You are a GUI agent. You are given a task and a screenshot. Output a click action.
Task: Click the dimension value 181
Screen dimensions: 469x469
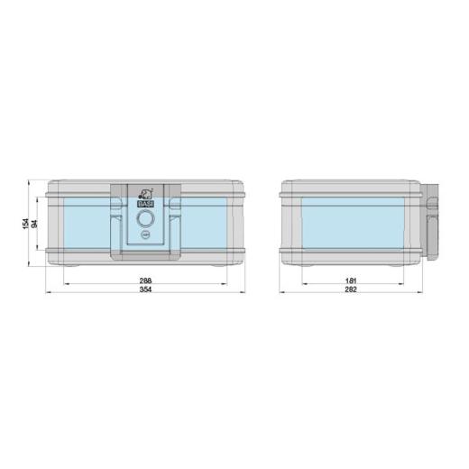click(x=352, y=281)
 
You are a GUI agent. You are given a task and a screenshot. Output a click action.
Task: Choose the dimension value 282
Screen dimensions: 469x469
click(x=352, y=290)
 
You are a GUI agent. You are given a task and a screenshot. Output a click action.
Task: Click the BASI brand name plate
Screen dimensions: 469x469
click(x=145, y=205)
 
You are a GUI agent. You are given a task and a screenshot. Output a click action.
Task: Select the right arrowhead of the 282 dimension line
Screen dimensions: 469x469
click(x=424, y=294)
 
